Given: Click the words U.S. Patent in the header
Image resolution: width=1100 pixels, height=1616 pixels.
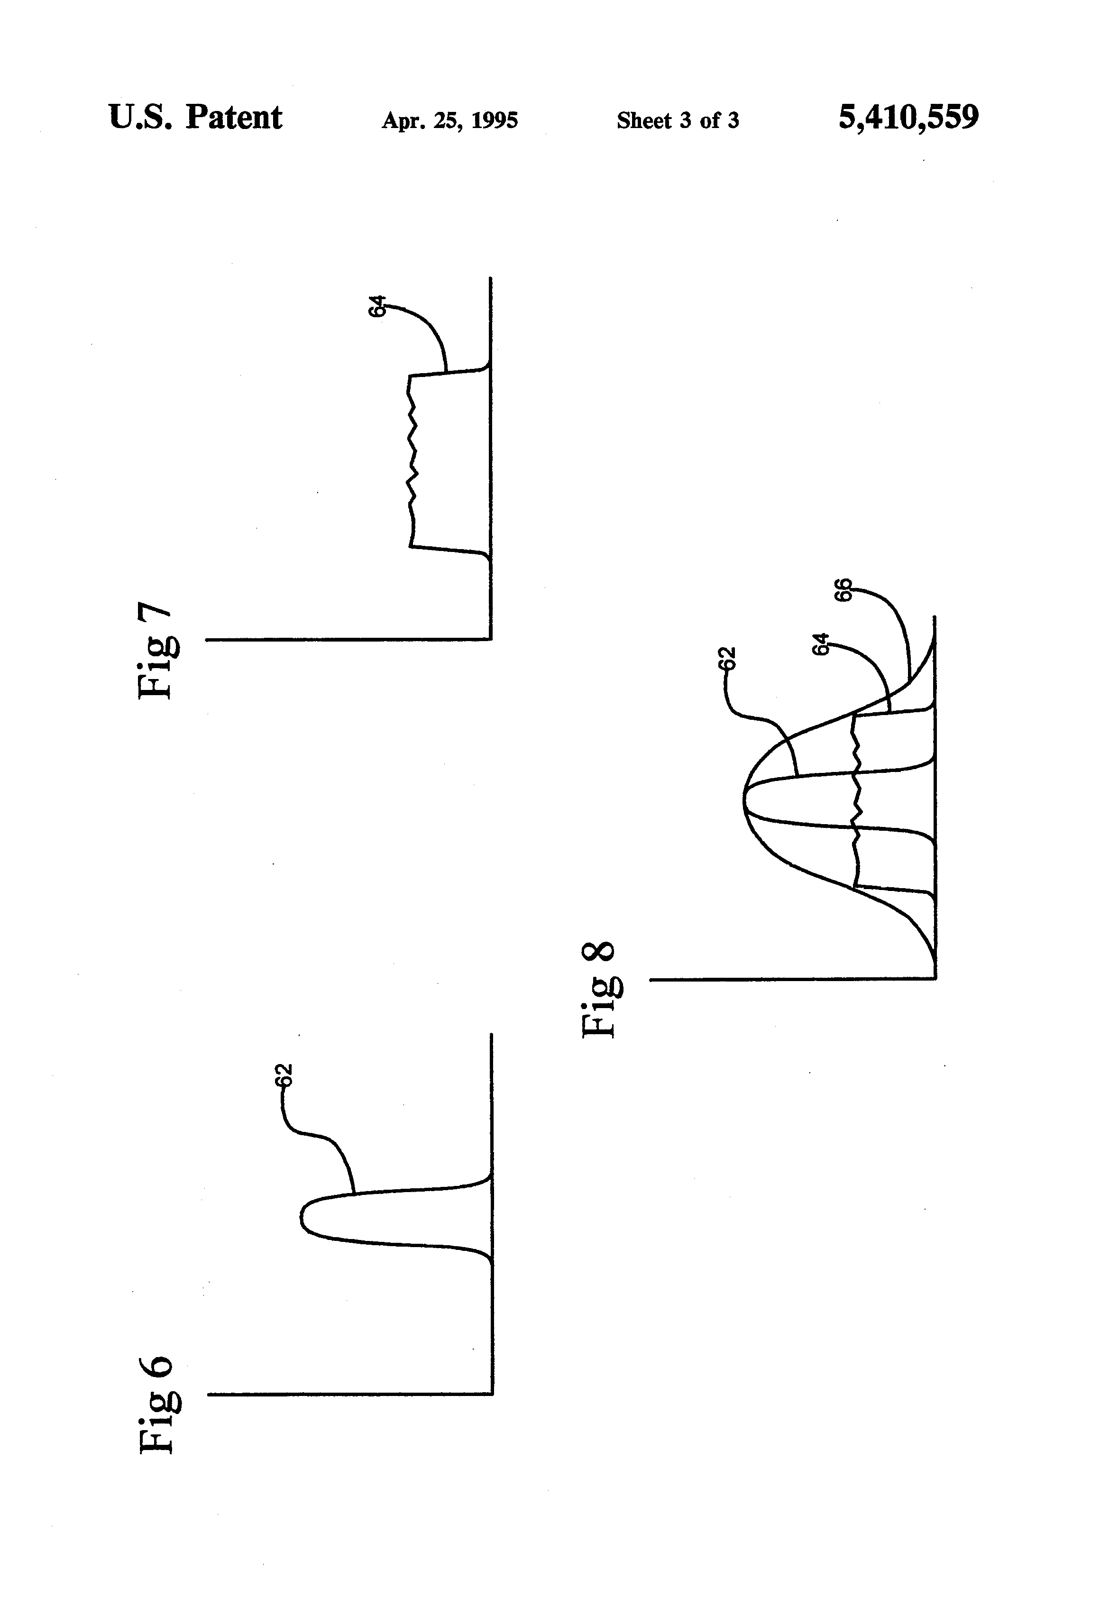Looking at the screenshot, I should pyautogui.click(x=195, y=118).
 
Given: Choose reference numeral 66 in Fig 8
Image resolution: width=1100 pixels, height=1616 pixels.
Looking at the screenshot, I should pyautogui.click(x=843, y=590).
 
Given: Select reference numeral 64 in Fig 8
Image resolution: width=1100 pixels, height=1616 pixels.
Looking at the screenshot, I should pyautogui.click(x=821, y=644).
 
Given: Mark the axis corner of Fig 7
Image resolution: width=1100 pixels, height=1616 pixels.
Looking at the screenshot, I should pyautogui.click(x=491, y=638).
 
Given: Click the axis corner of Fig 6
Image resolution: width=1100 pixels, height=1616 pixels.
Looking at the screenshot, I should pyautogui.click(x=492, y=1394).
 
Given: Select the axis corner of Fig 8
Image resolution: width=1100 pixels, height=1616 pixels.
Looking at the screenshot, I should pyautogui.click(x=935, y=978).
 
